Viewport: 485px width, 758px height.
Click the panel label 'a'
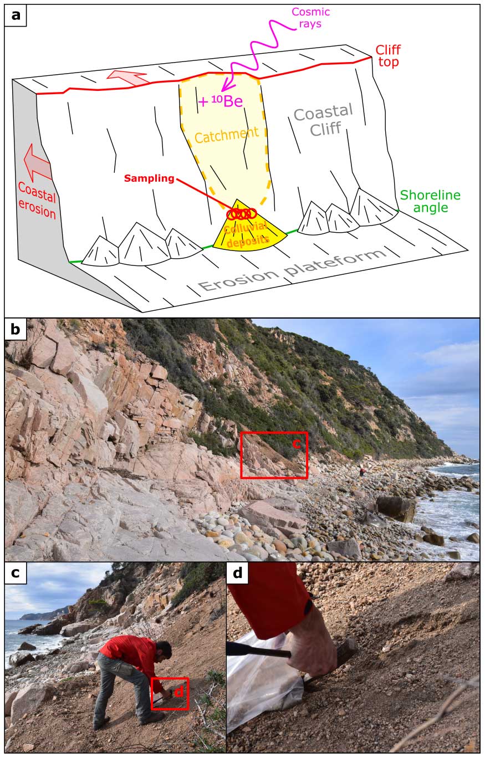[x=16, y=15]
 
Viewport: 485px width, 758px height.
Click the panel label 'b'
[x=16, y=329]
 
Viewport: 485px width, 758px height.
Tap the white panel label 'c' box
[x=16, y=573]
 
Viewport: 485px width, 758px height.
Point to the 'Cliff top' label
[x=387, y=56]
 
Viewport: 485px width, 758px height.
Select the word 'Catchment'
[x=226, y=135]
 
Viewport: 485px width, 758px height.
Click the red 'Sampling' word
[x=149, y=178]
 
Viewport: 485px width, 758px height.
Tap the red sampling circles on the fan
[x=242, y=214]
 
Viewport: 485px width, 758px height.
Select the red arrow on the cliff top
[x=129, y=77]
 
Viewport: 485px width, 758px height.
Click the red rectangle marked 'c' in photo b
[x=274, y=455]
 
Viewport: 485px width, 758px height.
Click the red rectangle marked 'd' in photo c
[x=170, y=693]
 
